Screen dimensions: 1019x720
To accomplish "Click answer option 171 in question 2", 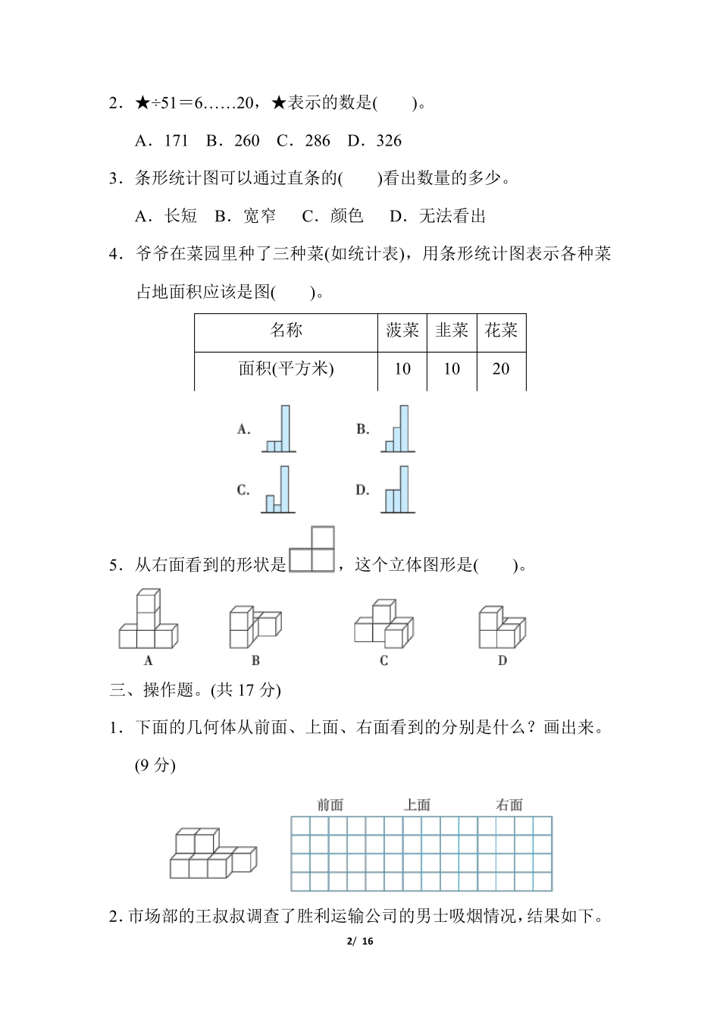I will point(161,141).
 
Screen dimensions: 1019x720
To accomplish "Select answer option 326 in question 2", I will point(375,141).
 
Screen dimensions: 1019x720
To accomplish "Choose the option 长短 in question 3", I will point(166,217).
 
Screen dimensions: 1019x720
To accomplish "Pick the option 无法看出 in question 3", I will point(437,217).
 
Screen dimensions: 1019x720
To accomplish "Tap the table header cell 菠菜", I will point(402,331).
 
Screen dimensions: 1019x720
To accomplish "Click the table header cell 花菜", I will point(501,331).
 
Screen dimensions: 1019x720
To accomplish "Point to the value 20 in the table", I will point(501,369).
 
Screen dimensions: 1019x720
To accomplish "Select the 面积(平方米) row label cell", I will point(286,369).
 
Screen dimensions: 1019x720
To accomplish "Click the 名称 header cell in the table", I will point(286,331).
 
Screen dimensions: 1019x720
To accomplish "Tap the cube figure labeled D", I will point(502,627).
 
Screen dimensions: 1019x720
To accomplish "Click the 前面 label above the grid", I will point(330,805).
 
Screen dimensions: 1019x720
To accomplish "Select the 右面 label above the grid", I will point(509,805).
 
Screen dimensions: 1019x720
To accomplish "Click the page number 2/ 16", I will point(360,942).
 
